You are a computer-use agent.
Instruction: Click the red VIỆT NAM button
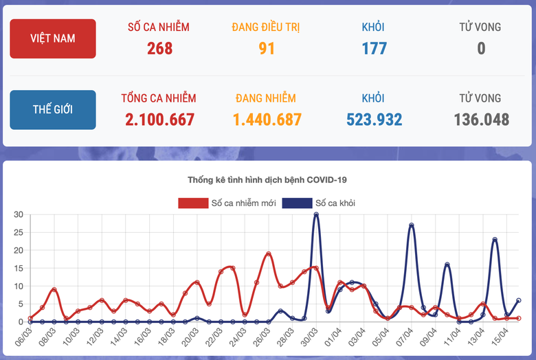point(53,38)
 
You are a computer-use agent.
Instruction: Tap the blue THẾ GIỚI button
point(53,110)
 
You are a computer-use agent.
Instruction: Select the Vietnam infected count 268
point(159,48)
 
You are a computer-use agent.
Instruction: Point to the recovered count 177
point(374,48)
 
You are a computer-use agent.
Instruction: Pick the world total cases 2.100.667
point(159,120)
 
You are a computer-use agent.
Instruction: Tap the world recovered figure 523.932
point(374,120)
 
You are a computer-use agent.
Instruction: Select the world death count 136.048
point(481,120)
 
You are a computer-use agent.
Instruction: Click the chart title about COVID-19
point(267,180)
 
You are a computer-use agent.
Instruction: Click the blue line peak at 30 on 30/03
point(316,214)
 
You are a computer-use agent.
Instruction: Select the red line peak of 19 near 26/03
point(269,254)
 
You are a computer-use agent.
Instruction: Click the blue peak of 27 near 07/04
point(411,225)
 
